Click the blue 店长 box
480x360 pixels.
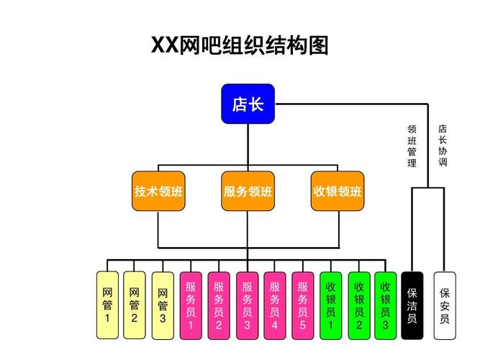(248, 104)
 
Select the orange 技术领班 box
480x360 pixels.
(158, 192)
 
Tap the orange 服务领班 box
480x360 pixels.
(248, 192)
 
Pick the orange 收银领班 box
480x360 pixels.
(338, 192)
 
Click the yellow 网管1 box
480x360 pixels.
(107, 305)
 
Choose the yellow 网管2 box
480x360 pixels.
(135, 305)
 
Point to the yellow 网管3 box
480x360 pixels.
(163, 305)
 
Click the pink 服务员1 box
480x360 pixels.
(191, 305)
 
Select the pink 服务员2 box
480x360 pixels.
(219, 305)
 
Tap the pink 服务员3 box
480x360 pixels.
(247, 305)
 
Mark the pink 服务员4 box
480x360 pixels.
(275, 305)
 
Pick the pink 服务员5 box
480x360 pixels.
(303, 305)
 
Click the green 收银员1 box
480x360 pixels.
(331, 305)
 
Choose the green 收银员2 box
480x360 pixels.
(358, 305)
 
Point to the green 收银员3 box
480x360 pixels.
(385, 305)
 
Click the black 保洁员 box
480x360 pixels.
(412, 305)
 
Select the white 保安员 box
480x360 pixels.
(444, 305)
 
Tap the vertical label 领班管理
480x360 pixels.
(412, 146)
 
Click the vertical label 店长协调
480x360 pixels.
(443, 146)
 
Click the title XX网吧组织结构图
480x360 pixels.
(240, 46)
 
